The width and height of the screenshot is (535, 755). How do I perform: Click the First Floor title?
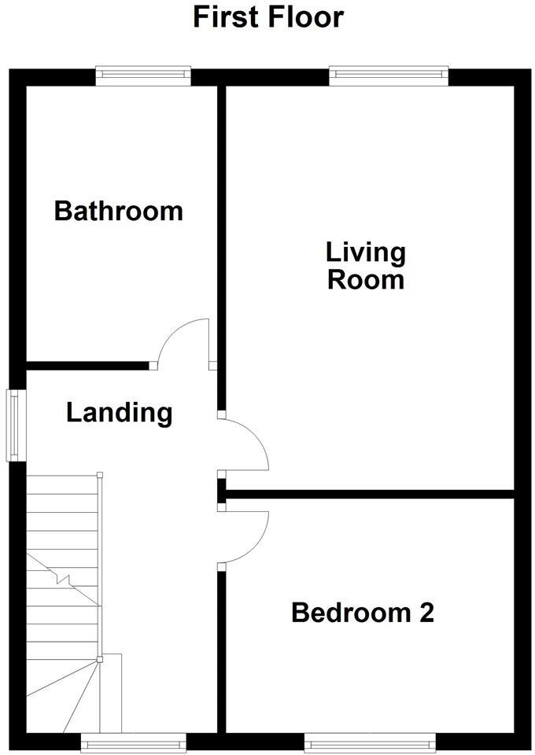268,17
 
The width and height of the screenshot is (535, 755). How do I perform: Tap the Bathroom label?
118,211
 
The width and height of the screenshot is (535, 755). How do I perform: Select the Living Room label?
366,266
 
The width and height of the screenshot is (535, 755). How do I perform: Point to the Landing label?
119,412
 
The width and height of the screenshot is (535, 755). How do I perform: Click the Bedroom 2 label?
362,612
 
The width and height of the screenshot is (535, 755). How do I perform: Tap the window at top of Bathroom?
143,75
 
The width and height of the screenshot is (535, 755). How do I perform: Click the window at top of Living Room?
389,75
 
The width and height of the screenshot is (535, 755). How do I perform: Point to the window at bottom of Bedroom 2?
370,742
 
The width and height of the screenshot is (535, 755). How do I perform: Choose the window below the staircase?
134,742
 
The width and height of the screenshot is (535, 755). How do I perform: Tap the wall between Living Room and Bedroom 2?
370,494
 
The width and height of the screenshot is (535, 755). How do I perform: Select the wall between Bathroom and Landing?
87,365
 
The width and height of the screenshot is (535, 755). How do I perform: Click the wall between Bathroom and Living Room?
221,236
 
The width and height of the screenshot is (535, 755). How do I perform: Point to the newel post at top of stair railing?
100,475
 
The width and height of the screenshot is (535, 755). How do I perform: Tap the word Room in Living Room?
366,280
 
